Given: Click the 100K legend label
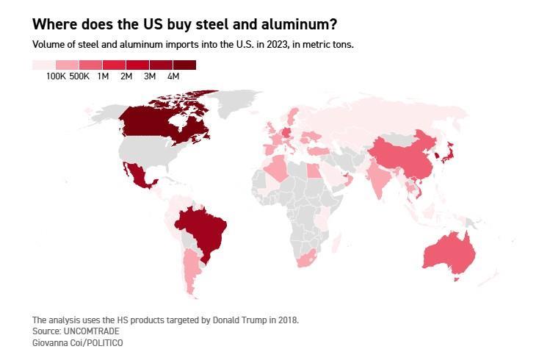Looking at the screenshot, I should click(56, 76).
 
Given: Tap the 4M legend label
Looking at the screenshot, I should click(173, 76).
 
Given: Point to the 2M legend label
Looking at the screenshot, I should click(126, 76).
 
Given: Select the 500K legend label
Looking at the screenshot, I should click(79, 76).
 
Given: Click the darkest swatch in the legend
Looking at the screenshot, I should click(184, 65).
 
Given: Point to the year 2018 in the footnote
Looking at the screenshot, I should click(288, 320).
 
